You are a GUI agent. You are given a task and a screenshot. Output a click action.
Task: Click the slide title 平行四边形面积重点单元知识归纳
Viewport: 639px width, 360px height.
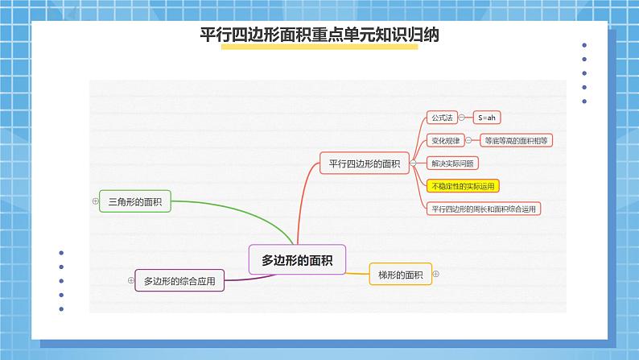[319, 35]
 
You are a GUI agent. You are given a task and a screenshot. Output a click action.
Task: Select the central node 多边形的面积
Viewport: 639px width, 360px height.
[297, 259]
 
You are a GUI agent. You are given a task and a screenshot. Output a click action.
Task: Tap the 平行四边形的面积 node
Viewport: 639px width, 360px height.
[364, 163]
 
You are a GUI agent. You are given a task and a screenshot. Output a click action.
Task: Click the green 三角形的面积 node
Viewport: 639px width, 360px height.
[134, 202]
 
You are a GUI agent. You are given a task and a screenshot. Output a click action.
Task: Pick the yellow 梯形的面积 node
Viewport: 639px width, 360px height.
[400, 275]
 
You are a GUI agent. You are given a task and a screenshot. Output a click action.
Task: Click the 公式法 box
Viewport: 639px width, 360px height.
[442, 118]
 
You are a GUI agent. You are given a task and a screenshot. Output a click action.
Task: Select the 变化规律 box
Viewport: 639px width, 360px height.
[445, 140]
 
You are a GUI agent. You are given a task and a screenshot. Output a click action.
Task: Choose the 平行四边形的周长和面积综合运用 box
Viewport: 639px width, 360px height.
[483, 209]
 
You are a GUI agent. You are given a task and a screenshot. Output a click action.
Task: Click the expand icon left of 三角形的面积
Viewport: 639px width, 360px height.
[96, 202]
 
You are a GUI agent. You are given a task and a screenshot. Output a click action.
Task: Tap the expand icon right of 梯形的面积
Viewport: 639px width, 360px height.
[436, 274]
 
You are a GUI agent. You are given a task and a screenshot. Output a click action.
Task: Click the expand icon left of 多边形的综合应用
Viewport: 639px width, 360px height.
[131, 280]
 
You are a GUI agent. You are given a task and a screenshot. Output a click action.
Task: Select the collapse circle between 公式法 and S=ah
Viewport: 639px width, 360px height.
[462, 118]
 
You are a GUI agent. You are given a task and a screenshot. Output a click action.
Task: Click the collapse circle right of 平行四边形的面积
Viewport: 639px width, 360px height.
[412, 163]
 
